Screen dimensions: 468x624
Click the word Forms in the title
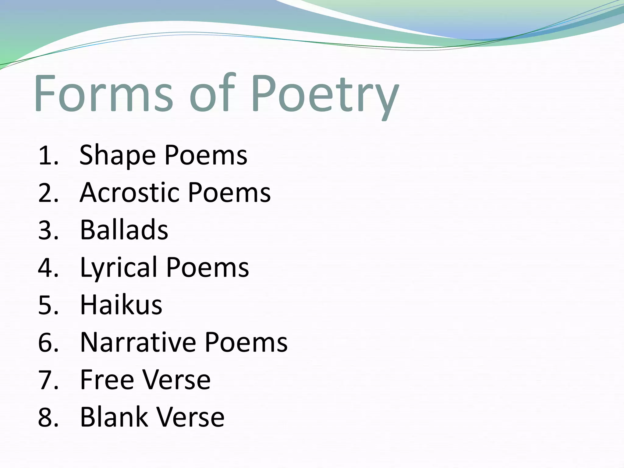tap(104, 93)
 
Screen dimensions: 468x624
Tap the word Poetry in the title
tap(324, 94)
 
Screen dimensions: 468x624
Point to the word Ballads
tap(124, 230)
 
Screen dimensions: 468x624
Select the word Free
tap(107, 380)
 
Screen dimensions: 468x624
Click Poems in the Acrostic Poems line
tap(229, 193)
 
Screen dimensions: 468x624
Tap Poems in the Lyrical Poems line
tap(207, 268)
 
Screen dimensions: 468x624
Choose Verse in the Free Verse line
tap(176, 380)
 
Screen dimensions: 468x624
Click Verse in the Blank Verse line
tap(190, 417)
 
